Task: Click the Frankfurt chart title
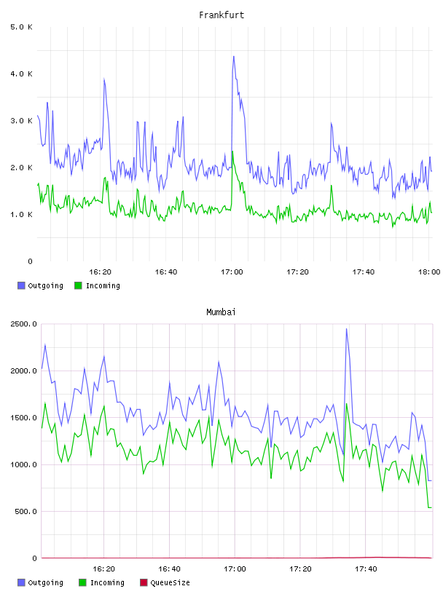point(221,15)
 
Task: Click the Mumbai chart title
point(221,312)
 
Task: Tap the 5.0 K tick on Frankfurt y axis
point(21,27)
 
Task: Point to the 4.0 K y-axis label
point(21,74)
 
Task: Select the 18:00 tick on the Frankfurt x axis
point(429,272)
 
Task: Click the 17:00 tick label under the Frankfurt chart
point(232,272)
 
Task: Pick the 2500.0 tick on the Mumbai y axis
point(23,324)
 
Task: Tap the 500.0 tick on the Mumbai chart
point(26,512)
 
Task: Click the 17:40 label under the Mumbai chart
point(366,569)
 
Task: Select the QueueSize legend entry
point(165,582)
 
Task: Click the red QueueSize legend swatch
point(144,582)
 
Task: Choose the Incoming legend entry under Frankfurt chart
point(97,285)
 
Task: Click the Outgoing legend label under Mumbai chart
point(45,582)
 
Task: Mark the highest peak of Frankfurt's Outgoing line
point(234,57)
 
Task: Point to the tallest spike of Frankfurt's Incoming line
point(232,151)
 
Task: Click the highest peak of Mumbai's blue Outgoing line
point(346,329)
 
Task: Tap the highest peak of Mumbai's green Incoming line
point(346,404)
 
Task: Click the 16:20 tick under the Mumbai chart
point(103,569)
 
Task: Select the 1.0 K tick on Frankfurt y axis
point(21,215)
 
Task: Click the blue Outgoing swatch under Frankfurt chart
point(21,285)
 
